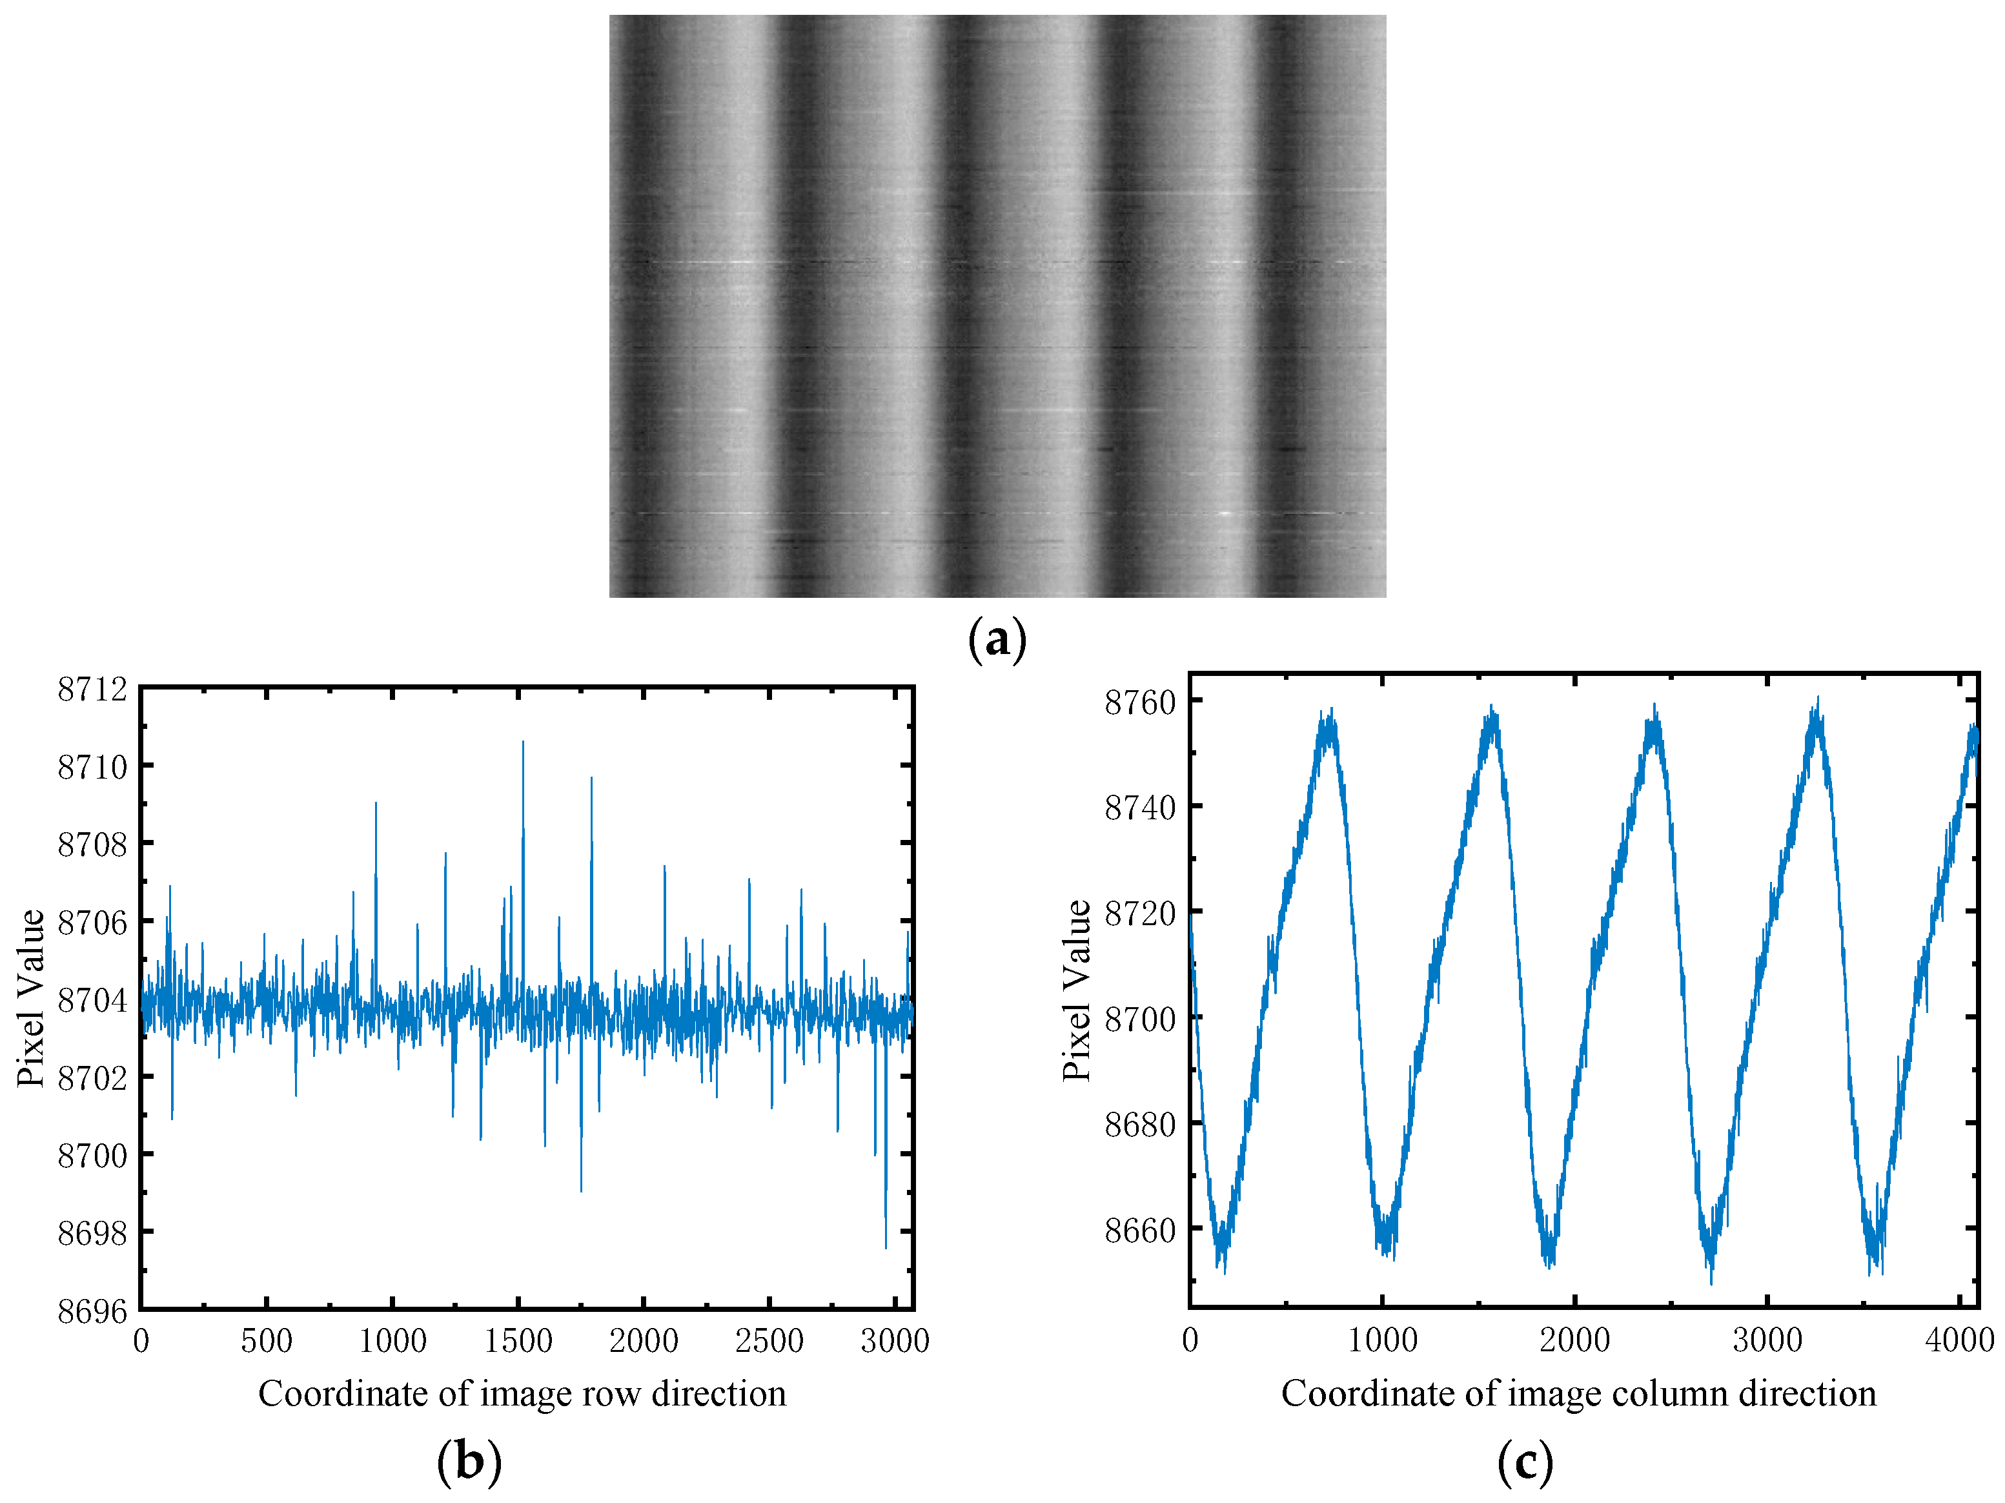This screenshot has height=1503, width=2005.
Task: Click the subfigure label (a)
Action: (x=997, y=640)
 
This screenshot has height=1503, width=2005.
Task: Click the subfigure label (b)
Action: (x=469, y=1461)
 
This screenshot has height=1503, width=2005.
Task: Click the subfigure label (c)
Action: (x=1525, y=1461)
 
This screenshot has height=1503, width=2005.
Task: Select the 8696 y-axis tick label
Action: (x=92, y=1311)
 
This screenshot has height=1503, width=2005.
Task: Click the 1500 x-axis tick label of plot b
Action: (x=518, y=1342)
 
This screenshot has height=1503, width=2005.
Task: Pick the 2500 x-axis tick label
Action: (x=769, y=1342)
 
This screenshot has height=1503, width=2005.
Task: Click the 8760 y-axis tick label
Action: (x=1139, y=702)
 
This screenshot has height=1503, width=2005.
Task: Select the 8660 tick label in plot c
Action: (x=1139, y=1230)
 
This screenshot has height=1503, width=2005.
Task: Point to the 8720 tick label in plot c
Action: (x=1139, y=913)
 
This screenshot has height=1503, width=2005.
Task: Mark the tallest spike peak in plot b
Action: (x=523, y=742)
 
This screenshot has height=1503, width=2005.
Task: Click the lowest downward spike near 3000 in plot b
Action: (x=886, y=1247)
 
